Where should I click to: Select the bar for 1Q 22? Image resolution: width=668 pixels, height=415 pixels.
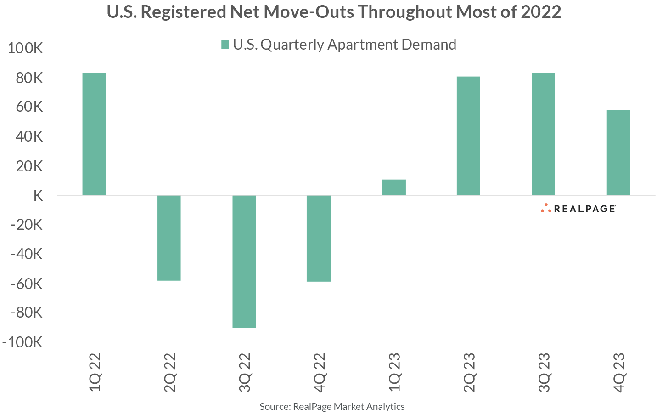94,134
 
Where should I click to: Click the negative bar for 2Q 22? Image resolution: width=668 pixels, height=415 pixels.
169,238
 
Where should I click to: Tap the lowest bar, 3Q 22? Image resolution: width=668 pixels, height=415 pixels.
244,262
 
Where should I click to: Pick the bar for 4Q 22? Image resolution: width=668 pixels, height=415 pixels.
319,239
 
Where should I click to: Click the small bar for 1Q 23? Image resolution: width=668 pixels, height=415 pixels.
393,188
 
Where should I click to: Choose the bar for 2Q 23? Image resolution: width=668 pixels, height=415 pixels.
468,136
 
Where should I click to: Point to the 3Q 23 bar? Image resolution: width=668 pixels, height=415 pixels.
543,134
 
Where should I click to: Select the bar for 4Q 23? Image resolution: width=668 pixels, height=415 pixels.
618,153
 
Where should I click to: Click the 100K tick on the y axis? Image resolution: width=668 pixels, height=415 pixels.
25,48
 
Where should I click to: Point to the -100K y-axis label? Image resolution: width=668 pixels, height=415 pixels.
22,342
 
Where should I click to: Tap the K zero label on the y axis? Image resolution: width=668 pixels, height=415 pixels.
38,196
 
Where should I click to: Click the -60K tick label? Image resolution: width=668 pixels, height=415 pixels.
26,284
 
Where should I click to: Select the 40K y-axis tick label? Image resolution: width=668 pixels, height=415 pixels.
29,137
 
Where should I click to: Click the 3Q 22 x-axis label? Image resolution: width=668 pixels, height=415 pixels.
245,372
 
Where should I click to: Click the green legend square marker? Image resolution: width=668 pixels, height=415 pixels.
225,45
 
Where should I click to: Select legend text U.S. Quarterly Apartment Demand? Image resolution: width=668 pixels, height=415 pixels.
344,45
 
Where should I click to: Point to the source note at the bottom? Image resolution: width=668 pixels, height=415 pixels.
332,406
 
